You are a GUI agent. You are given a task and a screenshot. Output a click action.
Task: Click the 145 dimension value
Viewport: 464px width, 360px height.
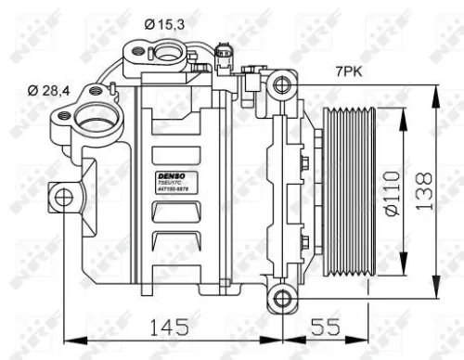[169, 327]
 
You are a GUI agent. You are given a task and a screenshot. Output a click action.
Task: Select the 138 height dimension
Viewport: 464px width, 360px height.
[425, 191]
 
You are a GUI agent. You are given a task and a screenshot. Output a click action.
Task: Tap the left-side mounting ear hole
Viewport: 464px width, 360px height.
[63, 197]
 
